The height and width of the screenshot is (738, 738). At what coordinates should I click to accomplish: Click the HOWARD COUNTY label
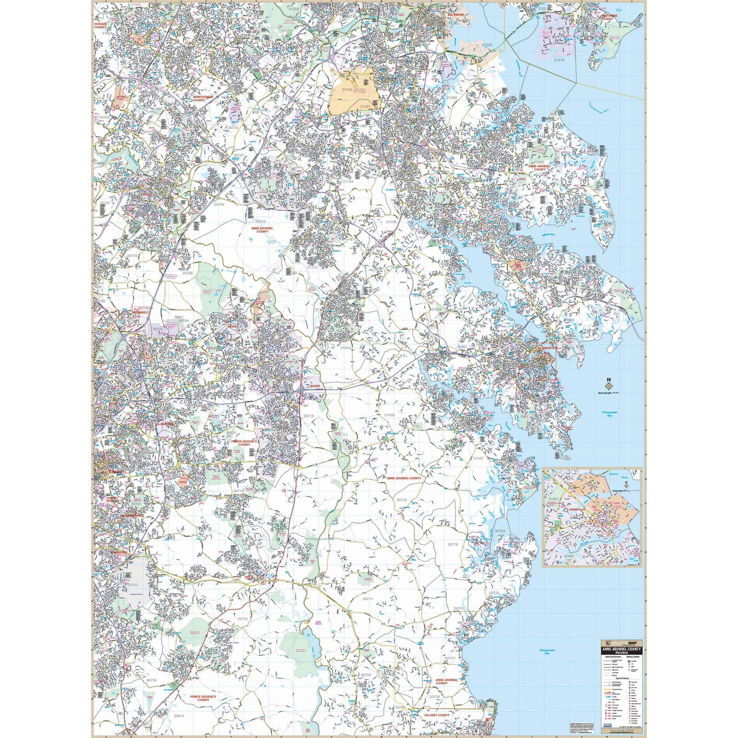tap(101, 26)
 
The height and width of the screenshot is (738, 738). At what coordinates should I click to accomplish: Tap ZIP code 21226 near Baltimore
tap(487, 45)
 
